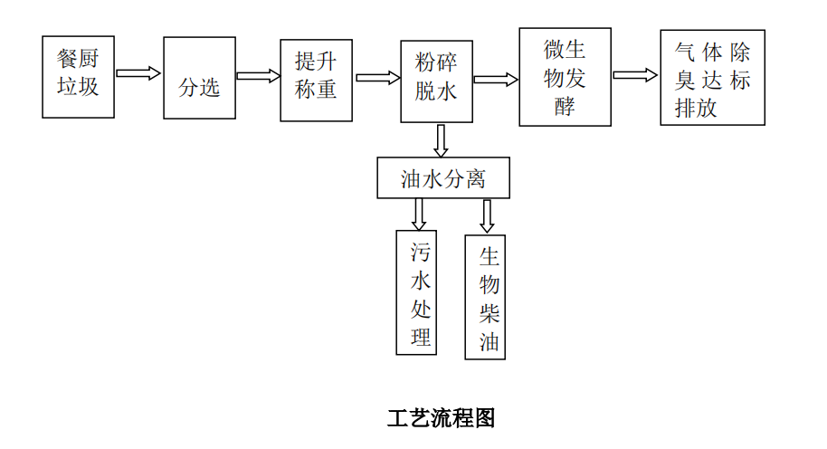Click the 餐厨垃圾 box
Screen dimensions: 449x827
pyautogui.click(x=79, y=77)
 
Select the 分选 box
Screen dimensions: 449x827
pyautogui.click(x=199, y=78)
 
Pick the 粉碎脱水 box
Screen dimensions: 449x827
pyautogui.click(x=437, y=81)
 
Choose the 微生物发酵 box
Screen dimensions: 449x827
pyautogui.click(x=565, y=77)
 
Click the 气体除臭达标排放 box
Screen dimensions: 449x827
pyautogui.click(x=712, y=79)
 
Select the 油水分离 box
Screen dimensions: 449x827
pyautogui.click(x=443, y=178)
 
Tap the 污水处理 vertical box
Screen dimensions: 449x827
pyautogui.click(x=416, y=292)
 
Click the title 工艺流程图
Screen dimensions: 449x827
pyautogui.click(x=442, y=418)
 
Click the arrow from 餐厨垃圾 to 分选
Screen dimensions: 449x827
pyautogui.click(x=138, y=73)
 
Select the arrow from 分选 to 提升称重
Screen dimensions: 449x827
pyautogui.click(x=258, y=76)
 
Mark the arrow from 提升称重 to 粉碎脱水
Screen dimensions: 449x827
pyautogui.click(x=377, y=78)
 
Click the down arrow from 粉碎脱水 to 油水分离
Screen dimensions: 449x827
pyautogui.click(x=441, y=139)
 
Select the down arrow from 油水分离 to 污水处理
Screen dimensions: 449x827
pyautogui.click(x=418, y=214)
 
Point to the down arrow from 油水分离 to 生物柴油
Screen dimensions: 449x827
pyautogui.click(x=487, y=215)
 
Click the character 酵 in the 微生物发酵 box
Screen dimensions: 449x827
pyautogui.click(x=566, y=106)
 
